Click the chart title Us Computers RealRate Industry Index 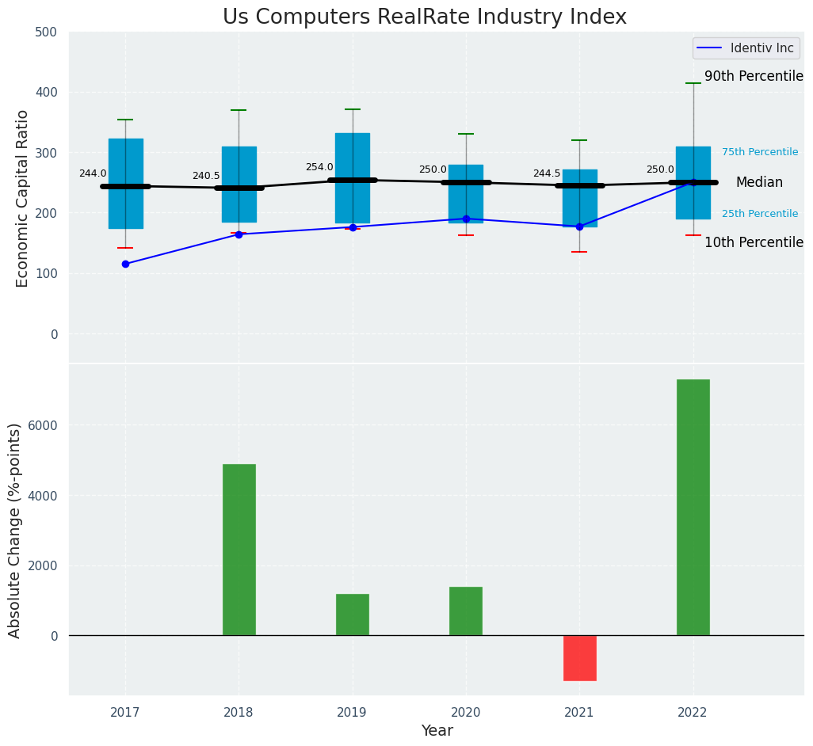[424, 17]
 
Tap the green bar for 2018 [239, 550]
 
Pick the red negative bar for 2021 [579, 657]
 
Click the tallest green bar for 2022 [693, 507]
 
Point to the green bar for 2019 [352, 615]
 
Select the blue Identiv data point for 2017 [125, 264]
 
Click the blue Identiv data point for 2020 [466, 219]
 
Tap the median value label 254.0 [319, 167]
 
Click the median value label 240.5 [206, 176]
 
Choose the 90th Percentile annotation [754, 77]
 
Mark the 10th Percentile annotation [754, 242]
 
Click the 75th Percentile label [759, 152]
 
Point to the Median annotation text [759, 183]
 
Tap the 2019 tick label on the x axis [352, 713]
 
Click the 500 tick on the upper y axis [47, 32]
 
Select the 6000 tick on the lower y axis [43, 425]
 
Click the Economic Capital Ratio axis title [23, 198]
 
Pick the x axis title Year [437, 731]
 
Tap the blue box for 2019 [352, 178]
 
